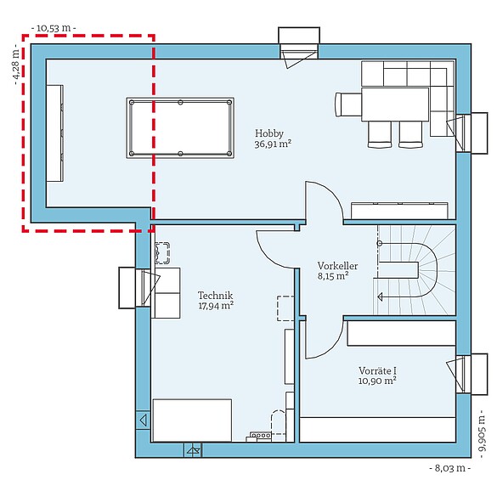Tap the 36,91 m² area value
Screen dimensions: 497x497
tap(273, 144)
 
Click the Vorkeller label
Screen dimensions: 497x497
tap(337, 265)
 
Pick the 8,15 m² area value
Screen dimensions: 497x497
tap(333, 276)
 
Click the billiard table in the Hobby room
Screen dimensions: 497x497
tap(180, 127)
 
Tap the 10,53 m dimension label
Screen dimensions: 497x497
tap(53, 28)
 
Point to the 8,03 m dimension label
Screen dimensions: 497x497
tap(449, 468)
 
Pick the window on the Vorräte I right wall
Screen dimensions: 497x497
tap(464, 372)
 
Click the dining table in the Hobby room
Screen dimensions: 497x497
tap(395, 104)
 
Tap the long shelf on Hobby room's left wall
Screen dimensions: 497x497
tap(55, 132)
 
